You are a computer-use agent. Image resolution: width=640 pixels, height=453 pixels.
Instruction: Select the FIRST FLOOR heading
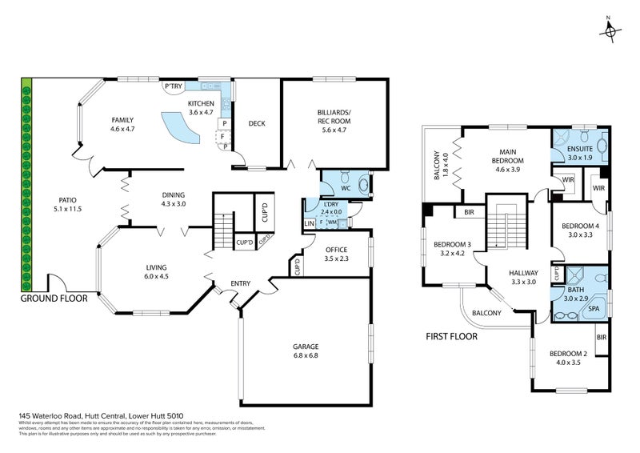pos(451,336)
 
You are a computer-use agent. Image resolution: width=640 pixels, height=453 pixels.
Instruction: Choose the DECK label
pos(257,123)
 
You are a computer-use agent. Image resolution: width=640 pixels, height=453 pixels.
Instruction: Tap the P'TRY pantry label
pos(174,86)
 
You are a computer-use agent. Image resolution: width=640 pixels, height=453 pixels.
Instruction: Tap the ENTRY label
pos(241,283)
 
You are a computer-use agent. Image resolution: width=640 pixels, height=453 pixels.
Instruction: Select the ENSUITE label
pos(580,148)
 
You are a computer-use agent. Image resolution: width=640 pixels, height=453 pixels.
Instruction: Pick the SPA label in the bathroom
pos(594,307)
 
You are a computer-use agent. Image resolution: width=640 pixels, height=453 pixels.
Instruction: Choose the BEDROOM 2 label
pos(569,354)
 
